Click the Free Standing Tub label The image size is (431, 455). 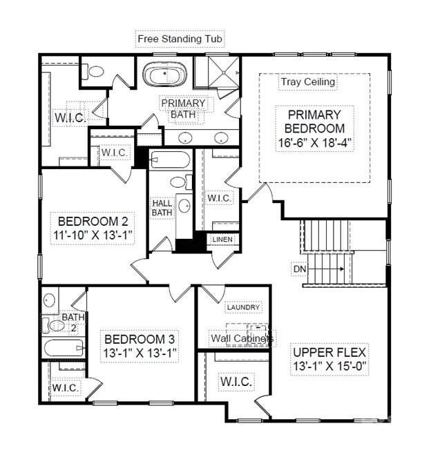point(180,39)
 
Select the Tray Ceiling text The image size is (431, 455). point(308,81)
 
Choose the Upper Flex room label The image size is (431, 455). point(329,351)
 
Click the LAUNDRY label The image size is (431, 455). point(243,307)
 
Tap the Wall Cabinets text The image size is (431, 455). point(242,338)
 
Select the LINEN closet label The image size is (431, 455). point(223,240)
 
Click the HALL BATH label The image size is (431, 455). point(162,208)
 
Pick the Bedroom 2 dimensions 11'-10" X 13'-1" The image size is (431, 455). point(94,235)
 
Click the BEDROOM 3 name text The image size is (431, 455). point(140,340)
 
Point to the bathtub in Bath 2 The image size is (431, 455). point(64,347)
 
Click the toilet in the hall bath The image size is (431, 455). point(179,182)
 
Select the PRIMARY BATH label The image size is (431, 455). point(183,108)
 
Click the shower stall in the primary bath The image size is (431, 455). point(217,72)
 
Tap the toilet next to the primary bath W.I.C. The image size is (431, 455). point(95,70)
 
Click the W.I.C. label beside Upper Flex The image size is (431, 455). point(236,381)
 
